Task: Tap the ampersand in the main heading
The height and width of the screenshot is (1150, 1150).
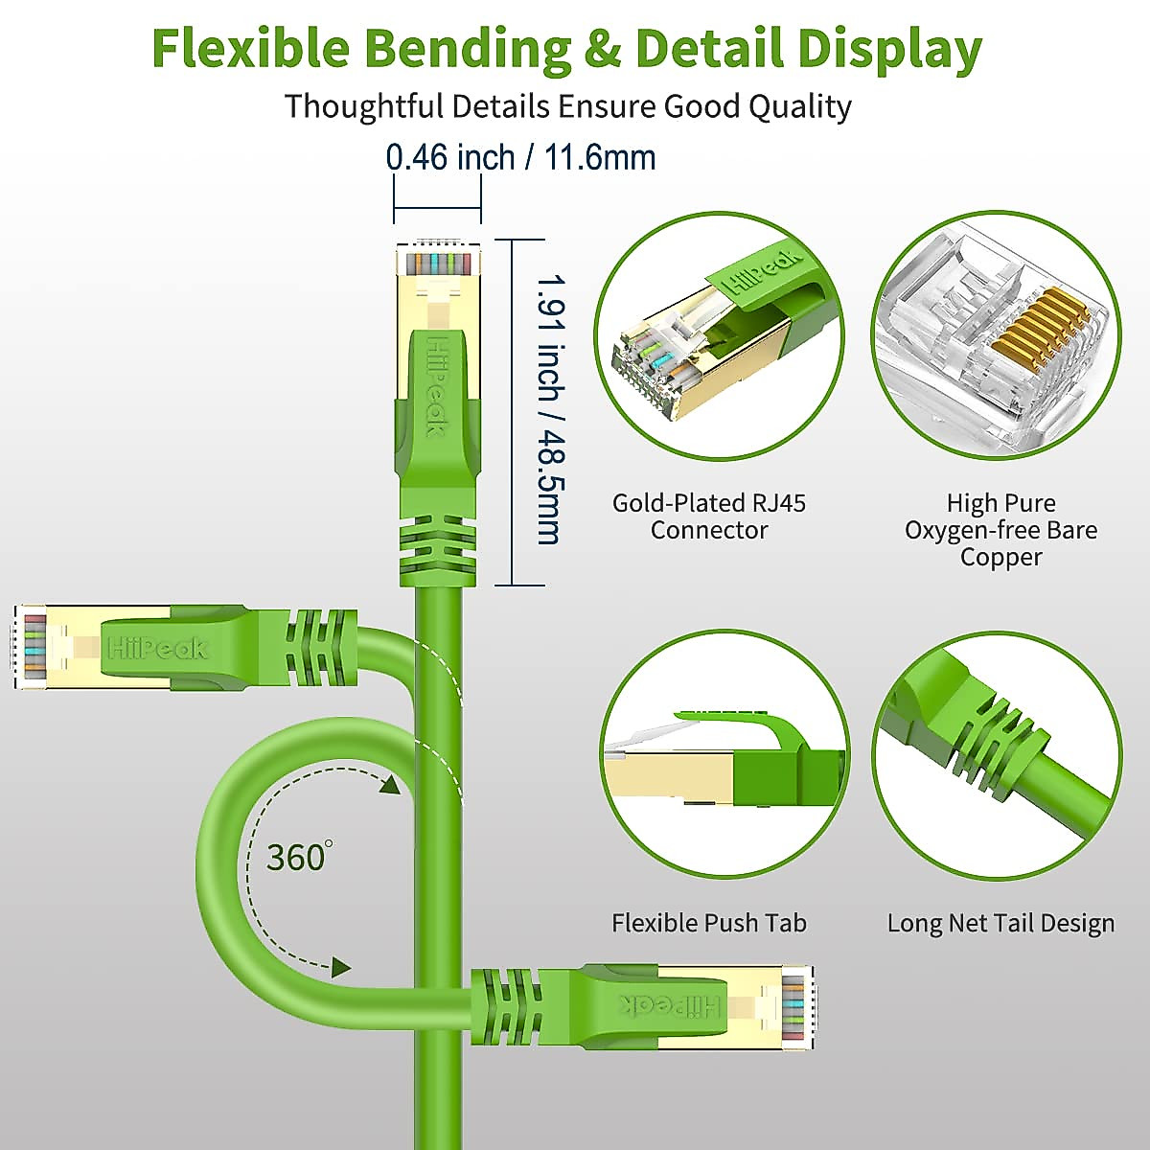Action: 601,50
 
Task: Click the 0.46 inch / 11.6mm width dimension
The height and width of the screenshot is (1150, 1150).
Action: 520,157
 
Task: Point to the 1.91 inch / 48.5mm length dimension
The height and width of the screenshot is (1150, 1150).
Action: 549,410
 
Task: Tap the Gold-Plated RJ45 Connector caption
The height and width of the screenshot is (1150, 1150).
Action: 709,517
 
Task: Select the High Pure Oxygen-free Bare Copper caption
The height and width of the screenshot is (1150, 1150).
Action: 1000,530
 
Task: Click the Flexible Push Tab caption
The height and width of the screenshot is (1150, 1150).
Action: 709,923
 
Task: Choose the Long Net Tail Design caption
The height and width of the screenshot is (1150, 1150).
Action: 1000,923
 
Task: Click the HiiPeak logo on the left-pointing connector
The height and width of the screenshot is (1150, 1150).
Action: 158,649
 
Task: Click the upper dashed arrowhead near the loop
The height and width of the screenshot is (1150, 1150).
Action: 388,786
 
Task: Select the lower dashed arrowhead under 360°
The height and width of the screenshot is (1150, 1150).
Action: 341,967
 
